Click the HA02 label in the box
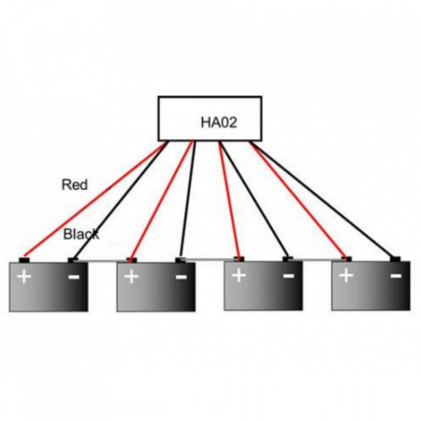219,122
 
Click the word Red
75,184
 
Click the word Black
81,234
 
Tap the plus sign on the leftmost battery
24,277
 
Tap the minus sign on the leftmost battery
74,277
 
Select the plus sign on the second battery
131,277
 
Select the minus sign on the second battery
181,277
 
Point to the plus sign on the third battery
239,275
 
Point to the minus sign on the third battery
288,275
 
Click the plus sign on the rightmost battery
346,275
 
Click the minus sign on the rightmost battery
396,275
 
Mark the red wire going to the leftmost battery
94,199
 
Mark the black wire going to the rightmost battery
325,199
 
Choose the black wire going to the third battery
254,199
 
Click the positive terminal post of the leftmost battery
24,260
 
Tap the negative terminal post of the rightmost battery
396,259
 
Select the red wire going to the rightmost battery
298,200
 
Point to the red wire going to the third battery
229,200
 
